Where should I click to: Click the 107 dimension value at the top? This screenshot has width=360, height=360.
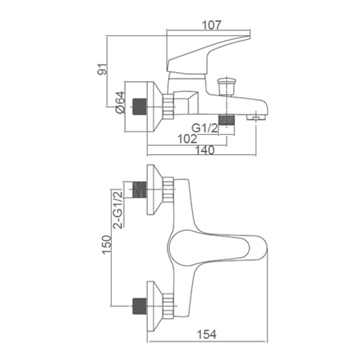pos(211,25)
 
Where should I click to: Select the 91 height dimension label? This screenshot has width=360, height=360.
pos(103,69)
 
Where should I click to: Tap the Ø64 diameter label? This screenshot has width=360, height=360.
pos(120,103)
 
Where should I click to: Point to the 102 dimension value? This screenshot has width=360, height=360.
pos(187,139)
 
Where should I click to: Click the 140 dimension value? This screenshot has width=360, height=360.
pos(205,150)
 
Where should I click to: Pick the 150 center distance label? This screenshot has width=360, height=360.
pos(107,245)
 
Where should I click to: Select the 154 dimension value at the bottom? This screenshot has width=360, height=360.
pos(207,334)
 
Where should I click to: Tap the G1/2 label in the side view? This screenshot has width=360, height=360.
pos(205,128)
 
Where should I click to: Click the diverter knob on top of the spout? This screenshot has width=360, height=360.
pos(227,86)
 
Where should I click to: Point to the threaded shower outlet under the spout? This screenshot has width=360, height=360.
pos(227,120)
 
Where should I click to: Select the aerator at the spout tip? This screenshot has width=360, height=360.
pos(256,117)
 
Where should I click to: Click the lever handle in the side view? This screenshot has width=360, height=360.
pos(208,55)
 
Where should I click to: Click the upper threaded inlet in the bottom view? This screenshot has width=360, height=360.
pos(139,189)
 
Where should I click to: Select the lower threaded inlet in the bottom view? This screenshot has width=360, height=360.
pos(139,306)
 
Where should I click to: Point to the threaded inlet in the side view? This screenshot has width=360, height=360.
pos(139,107)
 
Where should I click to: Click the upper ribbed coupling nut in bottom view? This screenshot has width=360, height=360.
pos(168,189)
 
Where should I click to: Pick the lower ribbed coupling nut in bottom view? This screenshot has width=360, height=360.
pos(168,306)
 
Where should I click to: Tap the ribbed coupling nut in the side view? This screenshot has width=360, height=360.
pos(168,107)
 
